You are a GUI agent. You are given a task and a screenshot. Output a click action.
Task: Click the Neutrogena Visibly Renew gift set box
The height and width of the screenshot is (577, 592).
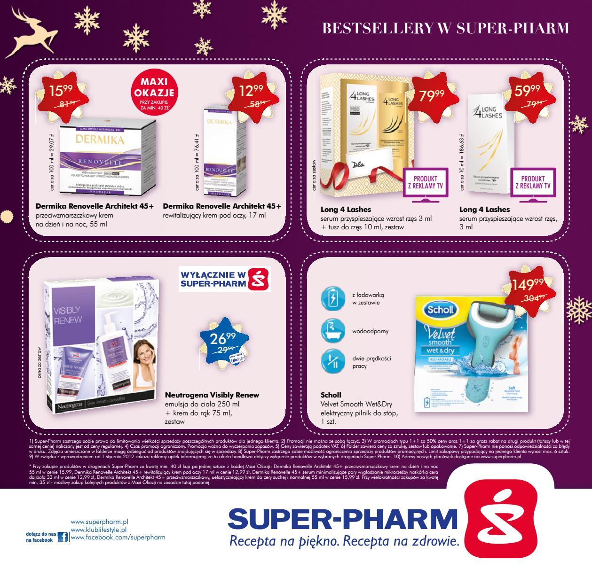[x=101, y=345]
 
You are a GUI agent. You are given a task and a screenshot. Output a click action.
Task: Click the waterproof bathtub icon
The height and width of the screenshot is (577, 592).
[x=333, y=331]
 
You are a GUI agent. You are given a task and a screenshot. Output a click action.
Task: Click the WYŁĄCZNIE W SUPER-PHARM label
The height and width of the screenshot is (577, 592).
[x=225, y=279]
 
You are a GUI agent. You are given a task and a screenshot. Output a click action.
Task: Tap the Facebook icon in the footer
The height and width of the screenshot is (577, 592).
[x=63, y=537]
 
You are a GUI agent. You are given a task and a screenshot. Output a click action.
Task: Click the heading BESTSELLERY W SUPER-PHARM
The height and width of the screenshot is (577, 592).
[x=445, y=29]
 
